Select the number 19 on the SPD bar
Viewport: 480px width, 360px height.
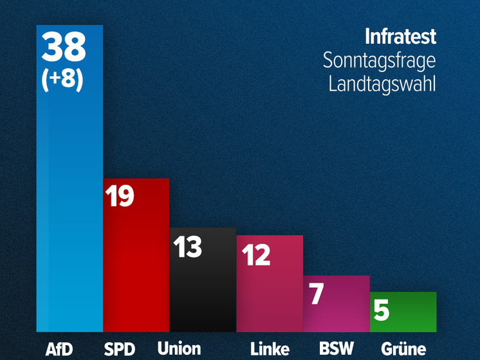(x=120, y=196)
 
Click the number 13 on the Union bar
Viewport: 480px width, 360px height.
(x=188, y=247)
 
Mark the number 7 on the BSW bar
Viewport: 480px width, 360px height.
(x=316, y=294)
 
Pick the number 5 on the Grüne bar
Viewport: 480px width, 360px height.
(x=382, y=310)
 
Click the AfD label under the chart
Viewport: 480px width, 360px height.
(x=60, y=349)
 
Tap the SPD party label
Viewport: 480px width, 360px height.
(x=120, y=349)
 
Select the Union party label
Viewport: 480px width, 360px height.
(x=179, y=349)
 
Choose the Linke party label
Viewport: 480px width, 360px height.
(x=270, y=349)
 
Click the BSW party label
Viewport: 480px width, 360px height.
(x=337, y=349)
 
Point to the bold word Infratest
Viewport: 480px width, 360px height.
(x=400, y=37)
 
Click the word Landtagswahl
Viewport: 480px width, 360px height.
(x=382, y=84)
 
